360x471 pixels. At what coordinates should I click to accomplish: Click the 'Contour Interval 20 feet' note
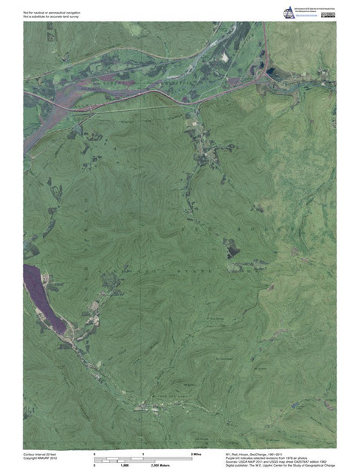[40, 454]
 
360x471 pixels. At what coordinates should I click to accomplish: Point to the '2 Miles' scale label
[197, 454]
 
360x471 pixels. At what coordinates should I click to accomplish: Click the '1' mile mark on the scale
[142, 454]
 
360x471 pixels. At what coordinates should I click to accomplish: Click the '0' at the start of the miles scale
[94, 454]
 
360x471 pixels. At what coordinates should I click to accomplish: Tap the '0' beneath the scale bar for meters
[94, 466]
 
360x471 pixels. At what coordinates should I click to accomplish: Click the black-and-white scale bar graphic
[142, 460]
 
